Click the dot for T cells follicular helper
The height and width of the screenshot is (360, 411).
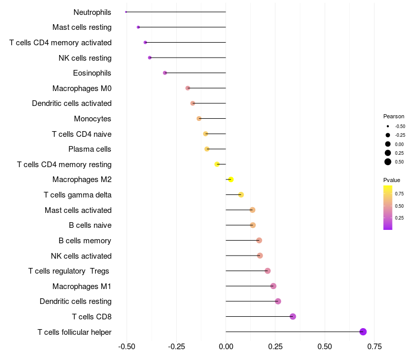tap(363, 332)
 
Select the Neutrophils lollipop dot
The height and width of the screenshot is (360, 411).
tap(126, 12)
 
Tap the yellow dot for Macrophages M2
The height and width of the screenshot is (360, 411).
tap(231, 179)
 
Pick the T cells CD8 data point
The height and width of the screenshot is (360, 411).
tap(293, 316)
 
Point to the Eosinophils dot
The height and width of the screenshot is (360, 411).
tap(165, 73)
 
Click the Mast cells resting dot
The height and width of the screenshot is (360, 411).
tap(138, 27)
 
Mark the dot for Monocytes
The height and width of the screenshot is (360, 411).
tap(199, 119)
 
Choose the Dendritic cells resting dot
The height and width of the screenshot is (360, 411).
tap(278, 301)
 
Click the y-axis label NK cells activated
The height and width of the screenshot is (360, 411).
tap(81, 256)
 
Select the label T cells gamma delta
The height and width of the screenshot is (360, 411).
tap(78, 195)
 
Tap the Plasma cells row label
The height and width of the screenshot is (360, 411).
tap(90, 149)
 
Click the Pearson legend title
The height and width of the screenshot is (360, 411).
tap(394, 116)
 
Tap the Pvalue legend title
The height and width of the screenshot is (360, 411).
tap(391, 180)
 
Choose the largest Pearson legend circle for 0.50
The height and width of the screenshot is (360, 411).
tap(388, 162)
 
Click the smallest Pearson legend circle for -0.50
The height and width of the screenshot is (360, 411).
tap(388, 126)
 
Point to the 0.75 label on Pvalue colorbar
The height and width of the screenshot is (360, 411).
tap(399, 194)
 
